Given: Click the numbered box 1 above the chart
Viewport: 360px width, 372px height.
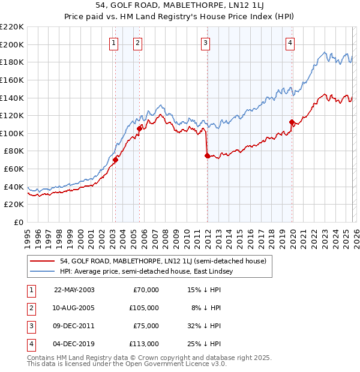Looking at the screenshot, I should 114,43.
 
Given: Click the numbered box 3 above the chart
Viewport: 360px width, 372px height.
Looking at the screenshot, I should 205,43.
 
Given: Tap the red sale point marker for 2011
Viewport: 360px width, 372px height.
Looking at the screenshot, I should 207,155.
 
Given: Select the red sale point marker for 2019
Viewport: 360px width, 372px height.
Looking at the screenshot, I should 292,122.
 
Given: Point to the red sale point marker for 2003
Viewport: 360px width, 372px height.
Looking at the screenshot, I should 115,160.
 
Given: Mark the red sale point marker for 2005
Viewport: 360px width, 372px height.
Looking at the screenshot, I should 139,128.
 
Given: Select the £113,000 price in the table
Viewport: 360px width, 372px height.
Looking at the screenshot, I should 145,344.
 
